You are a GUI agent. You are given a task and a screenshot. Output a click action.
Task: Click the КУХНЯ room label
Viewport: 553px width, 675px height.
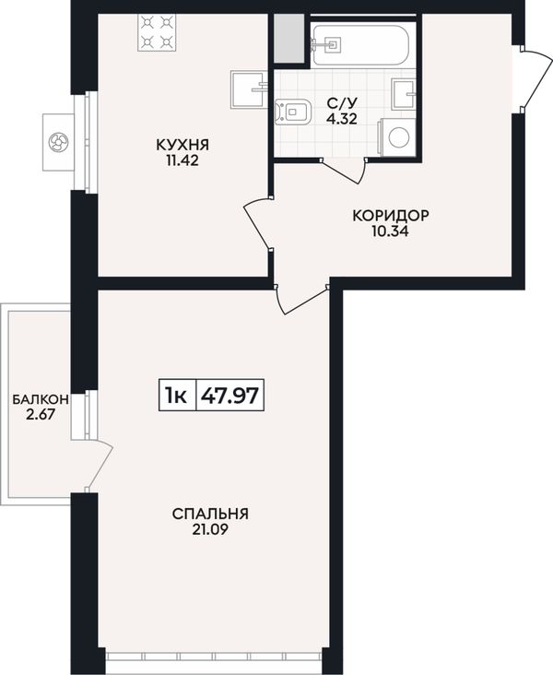(x=182, y=145)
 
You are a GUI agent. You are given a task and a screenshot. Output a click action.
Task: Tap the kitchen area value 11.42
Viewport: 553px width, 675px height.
(x=182, y=160)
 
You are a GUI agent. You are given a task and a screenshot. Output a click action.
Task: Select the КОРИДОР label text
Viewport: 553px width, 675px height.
(x=391, y=215)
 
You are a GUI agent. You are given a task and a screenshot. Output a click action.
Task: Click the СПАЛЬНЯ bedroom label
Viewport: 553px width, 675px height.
(x=210, y=514)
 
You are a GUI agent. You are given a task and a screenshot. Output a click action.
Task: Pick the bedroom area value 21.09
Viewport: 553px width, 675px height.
(x=210, y=529)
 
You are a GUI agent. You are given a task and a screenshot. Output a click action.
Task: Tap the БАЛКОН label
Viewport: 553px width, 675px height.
(x=41, y=399)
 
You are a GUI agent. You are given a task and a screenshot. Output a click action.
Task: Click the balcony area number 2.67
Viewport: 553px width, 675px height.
(x=41, y=415)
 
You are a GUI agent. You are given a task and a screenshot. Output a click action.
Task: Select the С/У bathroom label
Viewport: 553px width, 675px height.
(x=342, y=103)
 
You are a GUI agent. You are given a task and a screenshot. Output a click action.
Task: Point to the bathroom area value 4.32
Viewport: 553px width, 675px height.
(x=342, y=118)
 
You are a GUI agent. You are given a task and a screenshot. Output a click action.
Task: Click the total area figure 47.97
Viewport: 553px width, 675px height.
(x=230, y=395)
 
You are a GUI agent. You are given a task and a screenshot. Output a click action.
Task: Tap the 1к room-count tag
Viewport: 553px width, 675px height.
(x=176, y=396)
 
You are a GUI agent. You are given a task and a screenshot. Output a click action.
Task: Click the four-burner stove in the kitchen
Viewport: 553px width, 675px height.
(x=156, y=32)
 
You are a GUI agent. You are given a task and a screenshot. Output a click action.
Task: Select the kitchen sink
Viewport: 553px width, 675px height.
(x=249, y=89)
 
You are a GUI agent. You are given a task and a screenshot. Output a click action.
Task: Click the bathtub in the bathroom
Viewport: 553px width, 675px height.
(x=359, y=44)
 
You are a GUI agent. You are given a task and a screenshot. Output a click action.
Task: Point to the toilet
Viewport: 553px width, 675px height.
(x=293, y=112)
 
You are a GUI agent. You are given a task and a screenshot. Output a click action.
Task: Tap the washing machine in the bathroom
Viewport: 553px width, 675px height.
(x=396, y=137)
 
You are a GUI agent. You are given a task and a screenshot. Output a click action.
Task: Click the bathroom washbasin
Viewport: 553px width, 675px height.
(x=404, y=93)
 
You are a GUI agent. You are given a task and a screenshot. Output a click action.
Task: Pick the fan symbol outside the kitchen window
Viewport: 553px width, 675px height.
(x=58, y=142)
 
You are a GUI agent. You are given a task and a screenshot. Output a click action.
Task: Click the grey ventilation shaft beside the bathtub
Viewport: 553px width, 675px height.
(x=289, y=38)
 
